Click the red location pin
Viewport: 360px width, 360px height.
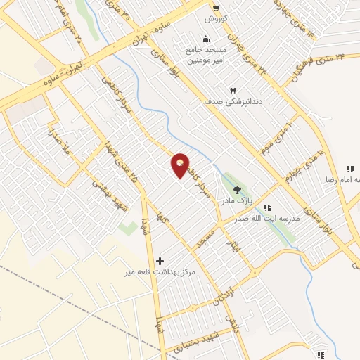181,165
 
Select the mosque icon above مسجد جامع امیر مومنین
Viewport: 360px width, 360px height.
205,39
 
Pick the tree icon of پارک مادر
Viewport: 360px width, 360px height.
236,188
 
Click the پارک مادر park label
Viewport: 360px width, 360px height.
237,201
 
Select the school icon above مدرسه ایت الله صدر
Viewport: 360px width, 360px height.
266,207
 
